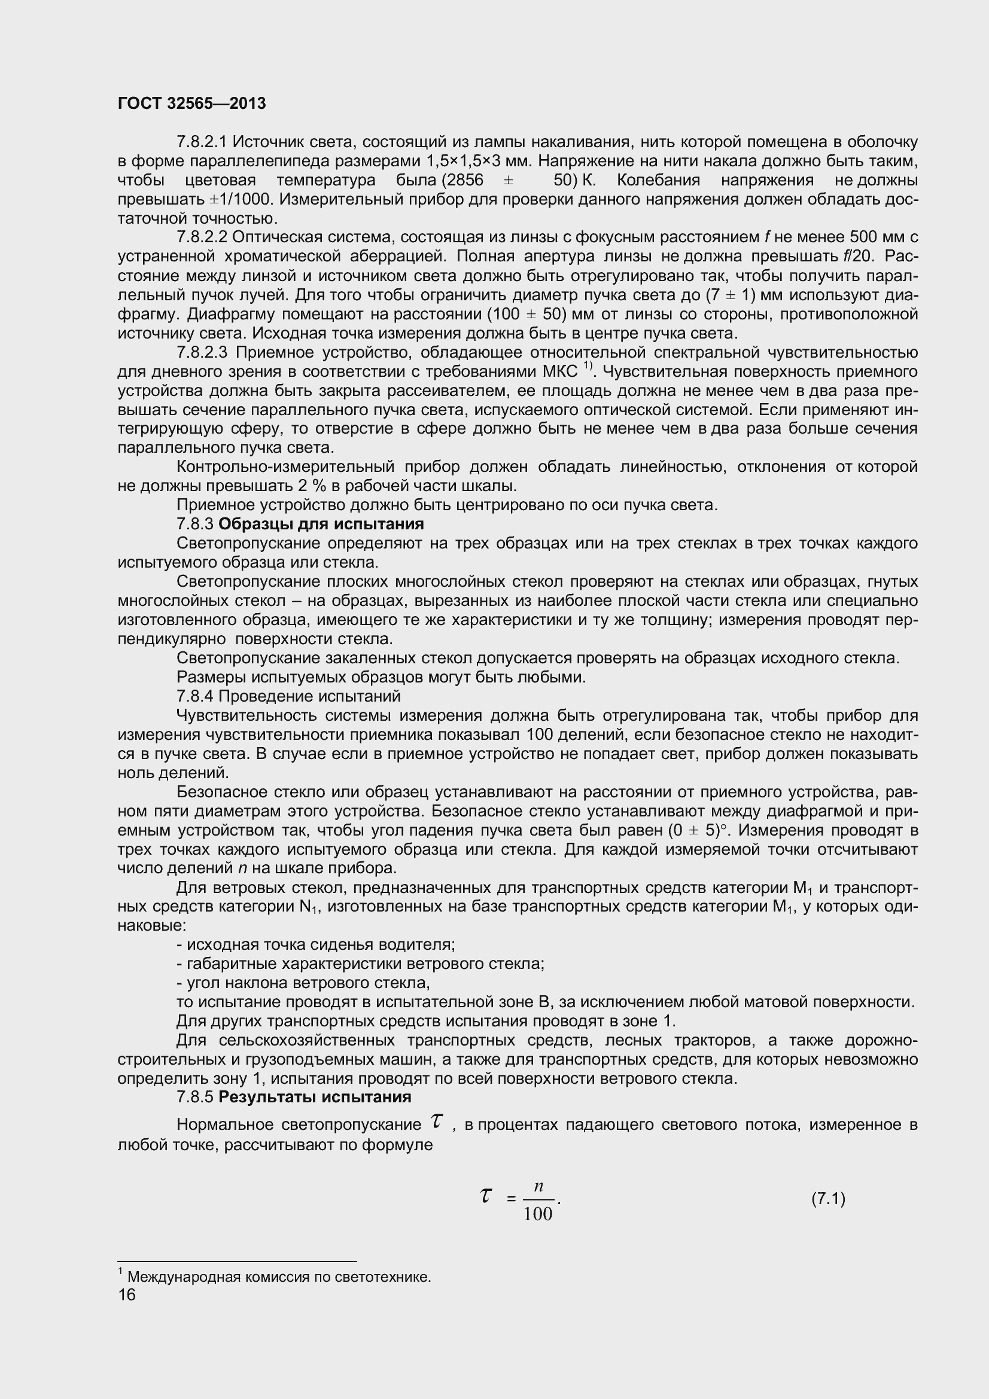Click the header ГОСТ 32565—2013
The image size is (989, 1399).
pyautogui.click(x=191, y=103)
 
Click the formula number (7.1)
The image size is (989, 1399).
pyautogui.click(x=827, y=1199)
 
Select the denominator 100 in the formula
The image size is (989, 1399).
pyautogui.click(x=538, y=1214)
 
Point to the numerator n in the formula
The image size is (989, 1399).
pyautogui.click(x=538, y=1186)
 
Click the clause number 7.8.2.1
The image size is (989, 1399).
pyautogui.click(x=201, y=142)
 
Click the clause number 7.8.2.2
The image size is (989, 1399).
pyautogui.click(x=201, y=237)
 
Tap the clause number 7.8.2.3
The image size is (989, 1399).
pyautogui.click(x=202, y=352)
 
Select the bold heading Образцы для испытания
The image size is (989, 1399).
pyautogui.click(x=321, y=524)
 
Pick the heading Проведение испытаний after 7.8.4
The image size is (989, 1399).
pyautogui.click(x=309, y=696)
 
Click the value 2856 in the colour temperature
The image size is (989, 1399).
pyautogui.click(x=466, y=181)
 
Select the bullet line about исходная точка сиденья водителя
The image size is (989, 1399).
pyautogui.click(x=316, y=944)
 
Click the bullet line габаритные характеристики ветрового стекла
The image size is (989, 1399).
pyautogui.click(x=360, y=964)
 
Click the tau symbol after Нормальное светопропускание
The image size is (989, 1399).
pyautogui.click(x=436, y=1120)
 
